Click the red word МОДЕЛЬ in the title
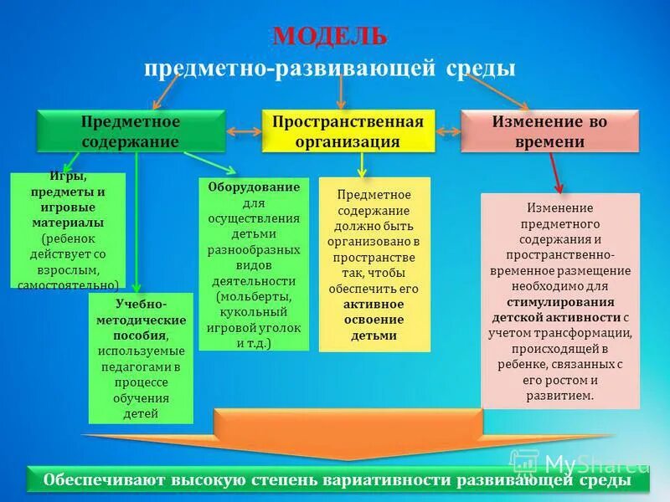(330, 36)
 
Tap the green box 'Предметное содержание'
(131, 131)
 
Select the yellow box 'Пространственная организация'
(348, 131)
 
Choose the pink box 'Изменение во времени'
(549, 131)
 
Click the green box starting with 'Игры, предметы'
(68, 229)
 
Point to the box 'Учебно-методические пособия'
(141, 357)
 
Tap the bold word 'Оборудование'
(254, 187)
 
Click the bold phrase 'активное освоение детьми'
(374, 320)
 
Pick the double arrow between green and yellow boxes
(244, 131)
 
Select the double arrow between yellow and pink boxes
(448, 131)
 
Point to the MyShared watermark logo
(578, 462)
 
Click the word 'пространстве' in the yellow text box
(374, 257)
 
